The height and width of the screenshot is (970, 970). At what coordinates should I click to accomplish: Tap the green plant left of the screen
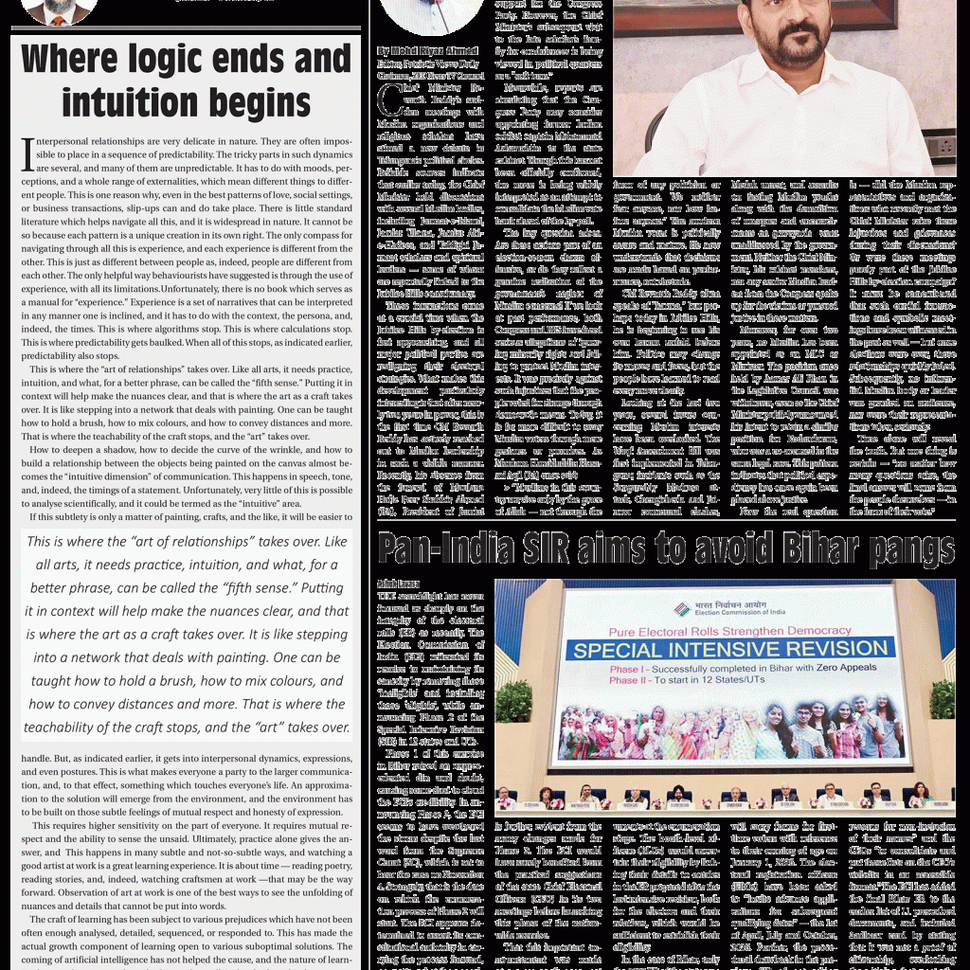pos(514,701)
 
